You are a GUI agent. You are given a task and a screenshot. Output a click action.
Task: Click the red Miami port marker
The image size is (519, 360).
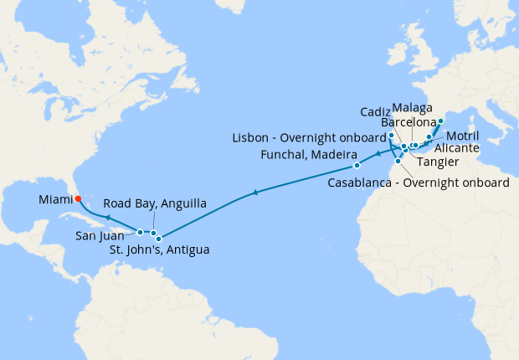click(x=77, y=199)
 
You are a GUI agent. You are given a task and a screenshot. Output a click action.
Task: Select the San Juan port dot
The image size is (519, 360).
click(x=141, y=232)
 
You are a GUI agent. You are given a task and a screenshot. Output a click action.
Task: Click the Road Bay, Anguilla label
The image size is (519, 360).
click(x=157, y=203)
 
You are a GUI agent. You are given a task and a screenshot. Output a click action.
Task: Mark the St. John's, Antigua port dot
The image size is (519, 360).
click(x=159, y=239)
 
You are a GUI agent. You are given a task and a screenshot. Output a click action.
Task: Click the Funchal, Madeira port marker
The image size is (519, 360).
click(x=357, y=165)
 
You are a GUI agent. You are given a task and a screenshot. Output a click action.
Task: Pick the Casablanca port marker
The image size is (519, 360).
click(x=398, y=161)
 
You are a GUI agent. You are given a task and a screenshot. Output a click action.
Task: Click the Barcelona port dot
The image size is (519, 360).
click(x=441, y=121)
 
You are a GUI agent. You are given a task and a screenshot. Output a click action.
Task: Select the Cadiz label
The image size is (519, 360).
click(x=374, y=111)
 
